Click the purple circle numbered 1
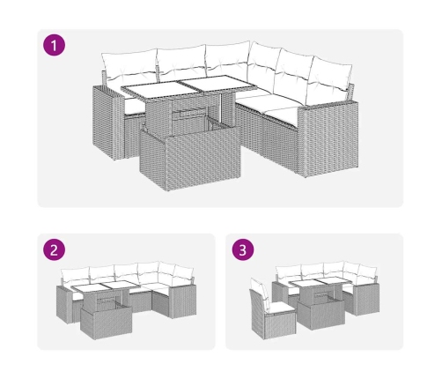point(55,45)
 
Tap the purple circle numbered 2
point(55,250)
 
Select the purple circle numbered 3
point(243,250)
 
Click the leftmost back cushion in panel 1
point(129,65)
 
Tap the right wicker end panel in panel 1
point(328,138)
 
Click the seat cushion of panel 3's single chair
point(279,308)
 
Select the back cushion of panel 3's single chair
point(260,290)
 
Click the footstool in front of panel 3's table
point(320,315)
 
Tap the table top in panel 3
point(320,282)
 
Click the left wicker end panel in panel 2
point(64,305)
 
